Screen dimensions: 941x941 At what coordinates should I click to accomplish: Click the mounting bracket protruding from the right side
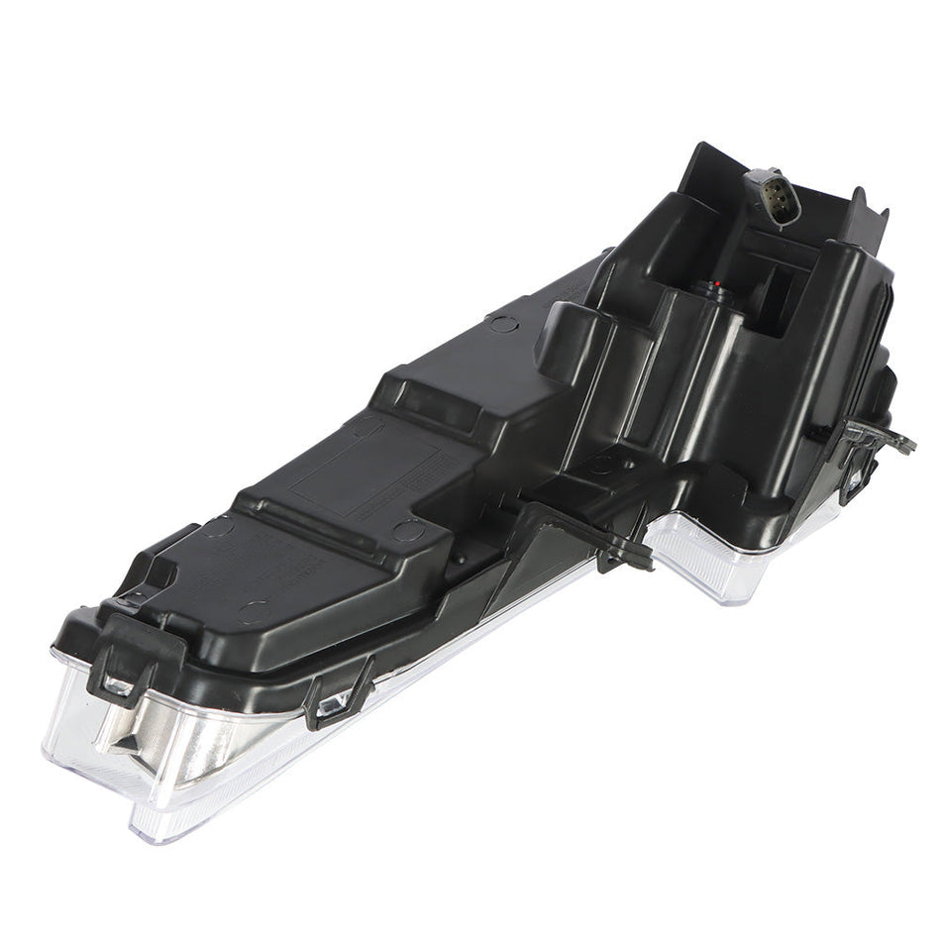pyautogui.click(x=880, y=437)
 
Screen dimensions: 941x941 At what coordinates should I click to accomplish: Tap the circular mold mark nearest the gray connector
pyautogui.click(x=503, y=324)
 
